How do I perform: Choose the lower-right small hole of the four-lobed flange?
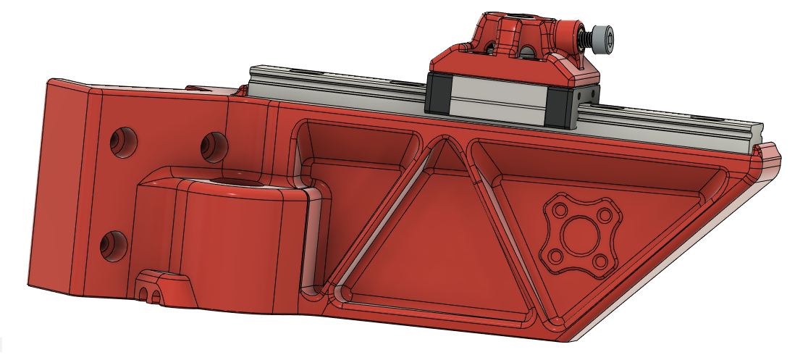tap(599, 261)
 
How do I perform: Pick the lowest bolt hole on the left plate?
tap(111, 246)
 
